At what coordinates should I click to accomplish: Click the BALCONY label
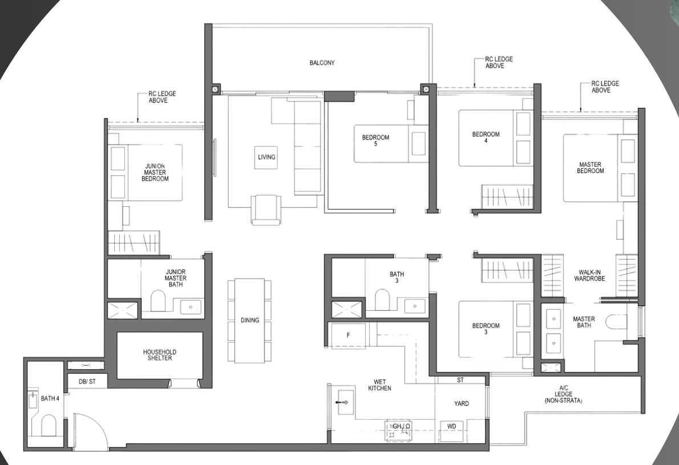[322, 63]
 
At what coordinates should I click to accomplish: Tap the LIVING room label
[266, 157]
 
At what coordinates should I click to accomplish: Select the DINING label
[250, 320]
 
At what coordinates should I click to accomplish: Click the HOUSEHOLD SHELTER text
[160, 355]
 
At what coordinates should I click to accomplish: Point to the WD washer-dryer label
[452, 426]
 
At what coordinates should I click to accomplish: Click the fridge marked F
[347, 335]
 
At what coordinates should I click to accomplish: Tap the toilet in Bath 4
[48, 426]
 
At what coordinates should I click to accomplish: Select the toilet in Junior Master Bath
[157, 300]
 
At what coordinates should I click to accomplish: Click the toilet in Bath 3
[382, 299]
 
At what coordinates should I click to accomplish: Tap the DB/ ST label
[87, 382]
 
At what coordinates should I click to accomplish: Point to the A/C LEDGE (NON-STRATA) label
[563, 394]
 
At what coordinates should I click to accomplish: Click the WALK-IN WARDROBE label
[589, 275]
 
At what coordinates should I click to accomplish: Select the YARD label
[461, 403]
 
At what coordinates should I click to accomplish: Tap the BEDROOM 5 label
[375, 141]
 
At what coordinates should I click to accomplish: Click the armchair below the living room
[265, 210]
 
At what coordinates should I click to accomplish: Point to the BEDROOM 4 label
[486, 137]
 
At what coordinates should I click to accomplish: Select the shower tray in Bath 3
[346, 310]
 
